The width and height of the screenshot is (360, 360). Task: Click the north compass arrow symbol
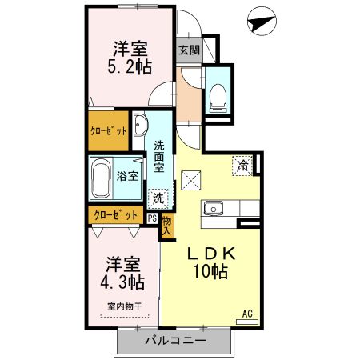262,22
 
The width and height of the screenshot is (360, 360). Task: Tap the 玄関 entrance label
189,50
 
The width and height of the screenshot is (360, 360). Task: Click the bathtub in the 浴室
100,178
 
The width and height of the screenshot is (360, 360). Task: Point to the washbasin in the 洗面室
140,125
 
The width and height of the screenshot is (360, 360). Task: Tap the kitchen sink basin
214,208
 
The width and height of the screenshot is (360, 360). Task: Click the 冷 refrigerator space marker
242,166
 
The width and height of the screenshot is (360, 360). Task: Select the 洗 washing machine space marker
158,198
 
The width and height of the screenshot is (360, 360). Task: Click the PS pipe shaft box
152,218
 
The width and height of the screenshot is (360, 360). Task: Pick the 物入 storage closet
167,226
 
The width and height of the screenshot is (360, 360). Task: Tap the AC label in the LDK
247,314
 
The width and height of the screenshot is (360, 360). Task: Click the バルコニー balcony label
176,341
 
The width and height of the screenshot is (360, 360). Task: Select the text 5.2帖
130,66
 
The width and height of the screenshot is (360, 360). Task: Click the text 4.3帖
122,282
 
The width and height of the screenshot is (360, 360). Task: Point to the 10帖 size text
210,271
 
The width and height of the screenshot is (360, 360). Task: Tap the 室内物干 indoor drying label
125,306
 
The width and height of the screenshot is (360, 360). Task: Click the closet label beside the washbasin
108,131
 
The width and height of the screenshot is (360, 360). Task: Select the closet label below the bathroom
116,215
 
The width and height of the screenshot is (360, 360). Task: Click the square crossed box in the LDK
190,180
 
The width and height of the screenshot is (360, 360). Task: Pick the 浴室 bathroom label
127,176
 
